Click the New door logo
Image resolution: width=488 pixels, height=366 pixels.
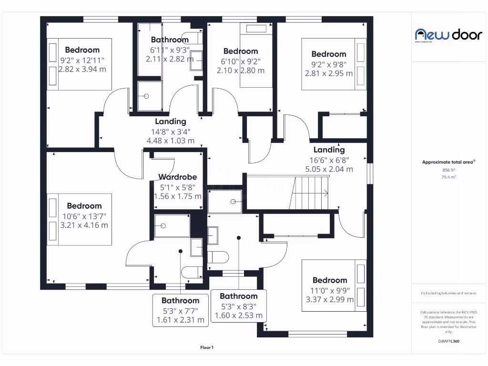pos(442,34)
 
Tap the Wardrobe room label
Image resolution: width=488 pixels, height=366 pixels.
pos(177,177)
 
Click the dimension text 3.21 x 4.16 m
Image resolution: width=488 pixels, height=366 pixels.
pos(84,225)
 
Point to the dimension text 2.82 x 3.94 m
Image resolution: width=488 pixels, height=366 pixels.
pos(82,69)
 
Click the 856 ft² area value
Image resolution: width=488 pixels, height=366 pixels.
pos(448,170)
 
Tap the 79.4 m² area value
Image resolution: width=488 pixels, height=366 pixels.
pos(448,177)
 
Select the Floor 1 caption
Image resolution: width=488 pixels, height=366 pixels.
pos(207,348)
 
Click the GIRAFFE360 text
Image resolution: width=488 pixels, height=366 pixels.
pos(448,341)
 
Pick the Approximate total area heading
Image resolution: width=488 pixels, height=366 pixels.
pos(448,162)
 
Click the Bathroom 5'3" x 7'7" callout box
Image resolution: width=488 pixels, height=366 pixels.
pos(180,310)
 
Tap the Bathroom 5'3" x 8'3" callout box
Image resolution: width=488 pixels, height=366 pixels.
pos(238,306)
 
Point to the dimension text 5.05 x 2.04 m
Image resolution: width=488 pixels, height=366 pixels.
pos(329,169)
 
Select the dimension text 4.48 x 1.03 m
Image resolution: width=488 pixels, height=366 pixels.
pos(170,141)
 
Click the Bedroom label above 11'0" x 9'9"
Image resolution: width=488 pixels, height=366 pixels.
pos(330,280)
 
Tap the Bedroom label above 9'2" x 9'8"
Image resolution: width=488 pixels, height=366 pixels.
pos(328,54)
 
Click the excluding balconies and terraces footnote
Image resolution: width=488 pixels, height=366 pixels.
pos(448,293)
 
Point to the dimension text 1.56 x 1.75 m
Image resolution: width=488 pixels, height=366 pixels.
pos(177,196)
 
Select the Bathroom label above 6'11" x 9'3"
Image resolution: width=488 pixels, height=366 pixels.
pos(170,40)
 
